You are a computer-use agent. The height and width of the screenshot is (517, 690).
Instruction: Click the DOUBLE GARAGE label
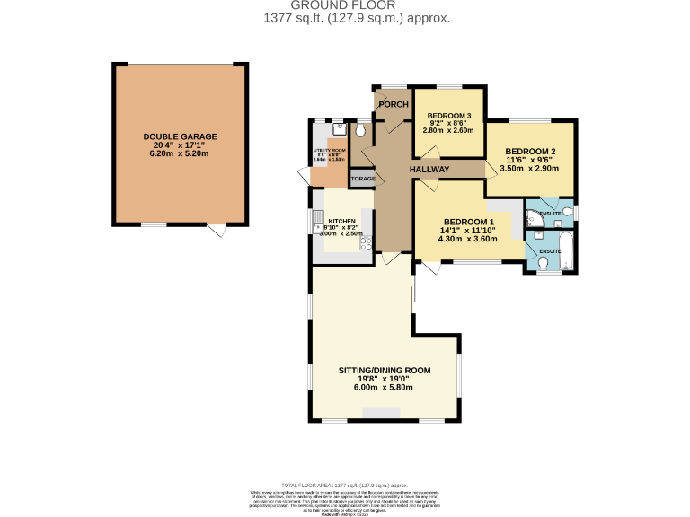point(180,136)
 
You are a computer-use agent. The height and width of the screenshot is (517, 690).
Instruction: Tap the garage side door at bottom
point(216,231)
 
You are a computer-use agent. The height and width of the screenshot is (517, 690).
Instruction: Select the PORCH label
point(393,104)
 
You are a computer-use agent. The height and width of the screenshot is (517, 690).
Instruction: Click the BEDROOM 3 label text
point(448,116)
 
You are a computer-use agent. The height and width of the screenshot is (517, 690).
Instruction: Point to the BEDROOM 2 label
point(529,151)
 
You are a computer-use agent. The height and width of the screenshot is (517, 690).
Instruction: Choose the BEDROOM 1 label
point(468,222)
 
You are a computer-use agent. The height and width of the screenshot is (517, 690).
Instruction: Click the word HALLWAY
point(429,169)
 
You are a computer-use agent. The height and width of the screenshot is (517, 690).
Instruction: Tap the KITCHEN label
point(341,222)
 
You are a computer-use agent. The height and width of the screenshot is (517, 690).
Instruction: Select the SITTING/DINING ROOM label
point(384,370)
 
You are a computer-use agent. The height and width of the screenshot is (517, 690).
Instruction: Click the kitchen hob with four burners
point(366,241)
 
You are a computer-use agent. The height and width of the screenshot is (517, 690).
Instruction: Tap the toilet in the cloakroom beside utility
point(360,131)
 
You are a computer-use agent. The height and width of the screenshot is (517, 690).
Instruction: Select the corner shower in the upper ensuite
point(533,216)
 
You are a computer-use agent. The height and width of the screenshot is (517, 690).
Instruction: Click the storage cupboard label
point(363,179)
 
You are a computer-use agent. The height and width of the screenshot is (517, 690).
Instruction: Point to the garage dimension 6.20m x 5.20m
point(180,153)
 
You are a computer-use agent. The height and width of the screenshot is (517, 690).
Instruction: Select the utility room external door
point(305,175)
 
